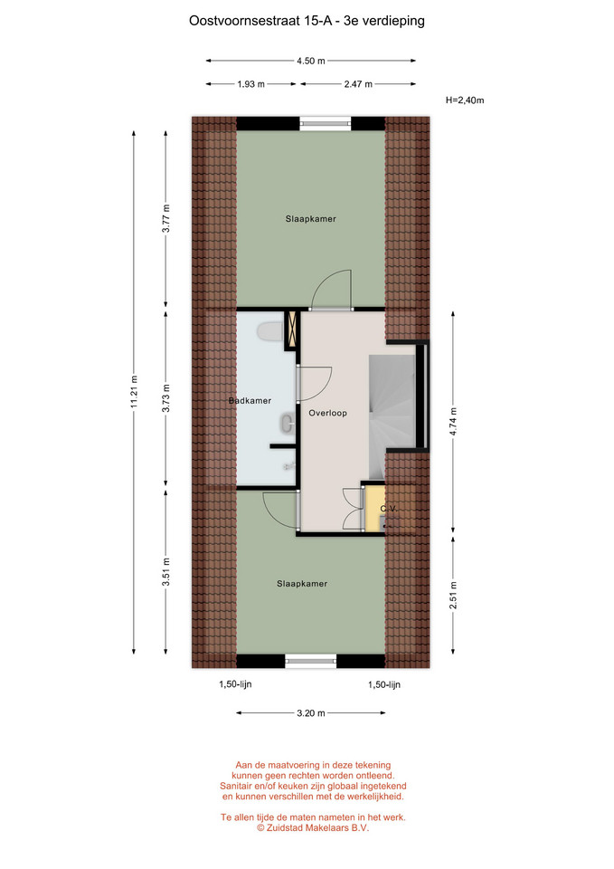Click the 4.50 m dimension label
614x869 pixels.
[x=310, y=61]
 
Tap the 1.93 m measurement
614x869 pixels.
[x=250, y=84]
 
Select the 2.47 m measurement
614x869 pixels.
[x=358, y=84]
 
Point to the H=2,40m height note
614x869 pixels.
[x=465, y=100]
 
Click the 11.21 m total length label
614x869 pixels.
[x=134, y=392]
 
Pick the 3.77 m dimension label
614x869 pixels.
[x=166, y=219]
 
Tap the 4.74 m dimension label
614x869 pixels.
[x=453, y=422]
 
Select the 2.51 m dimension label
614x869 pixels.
[x=453, y=595]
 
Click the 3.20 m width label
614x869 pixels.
[x=310, y=713]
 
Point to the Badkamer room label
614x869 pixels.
[x=250, y=401]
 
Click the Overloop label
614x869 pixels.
[x=327, y=413]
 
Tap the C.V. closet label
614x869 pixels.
[x=389, y=508]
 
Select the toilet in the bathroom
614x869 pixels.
[x=269, y=332]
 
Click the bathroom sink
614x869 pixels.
[x=288, y=424]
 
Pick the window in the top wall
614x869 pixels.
[x=326, y=124]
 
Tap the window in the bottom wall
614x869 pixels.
[x=310, y=661]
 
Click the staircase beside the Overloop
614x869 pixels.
[x=392, y=416]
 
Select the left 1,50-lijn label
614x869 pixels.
[x=235, y=684]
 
